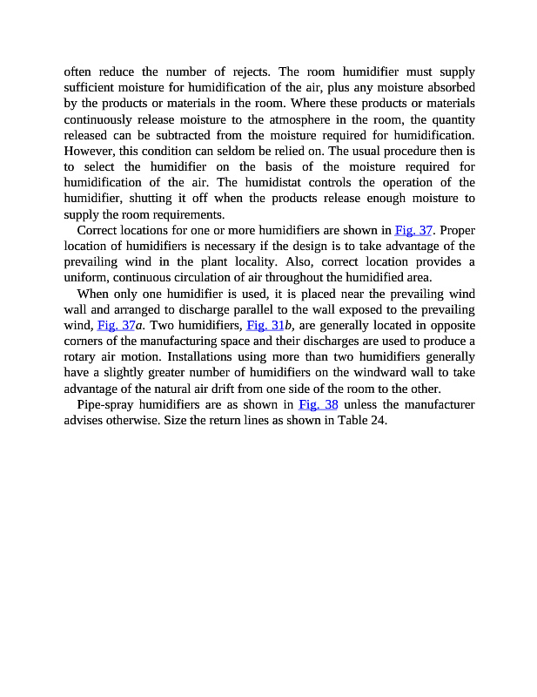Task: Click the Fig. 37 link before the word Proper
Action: (413, 231)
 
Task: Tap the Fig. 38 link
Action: (318, 404)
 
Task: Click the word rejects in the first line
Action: (249, 71)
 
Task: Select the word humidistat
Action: (291, 182)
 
